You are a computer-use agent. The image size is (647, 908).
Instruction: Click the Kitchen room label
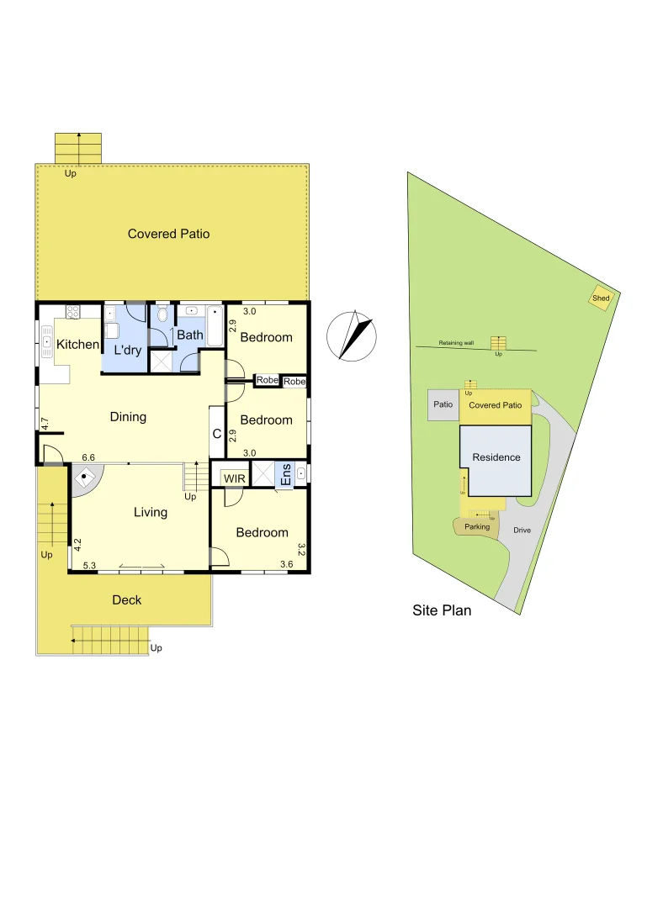(77, 345)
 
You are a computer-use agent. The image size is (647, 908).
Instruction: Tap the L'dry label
(127, 350)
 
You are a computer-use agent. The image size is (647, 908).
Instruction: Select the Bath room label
(189, 335)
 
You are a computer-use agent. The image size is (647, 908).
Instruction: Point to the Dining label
(128, 416)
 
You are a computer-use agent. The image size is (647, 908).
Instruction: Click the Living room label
(151, 512)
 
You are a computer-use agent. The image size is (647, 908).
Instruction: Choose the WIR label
(233, 478)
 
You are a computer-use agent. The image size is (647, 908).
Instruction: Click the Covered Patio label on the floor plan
(168, 234)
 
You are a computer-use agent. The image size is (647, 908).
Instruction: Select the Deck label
(127, 599)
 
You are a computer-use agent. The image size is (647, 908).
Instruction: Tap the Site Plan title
(442, 611)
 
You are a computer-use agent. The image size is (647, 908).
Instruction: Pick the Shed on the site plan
(601, 298)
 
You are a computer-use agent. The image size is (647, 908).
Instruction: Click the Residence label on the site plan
(496, 457)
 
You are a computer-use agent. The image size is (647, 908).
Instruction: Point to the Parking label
(477, 527)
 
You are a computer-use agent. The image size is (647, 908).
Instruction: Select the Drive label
(522, 531)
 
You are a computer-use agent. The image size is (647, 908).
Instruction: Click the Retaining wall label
(456, 343)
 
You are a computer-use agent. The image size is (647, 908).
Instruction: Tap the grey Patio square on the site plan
(443, 404)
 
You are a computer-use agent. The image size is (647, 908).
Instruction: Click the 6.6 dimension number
(88, 457)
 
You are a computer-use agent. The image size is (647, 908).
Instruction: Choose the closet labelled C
(216, 434)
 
